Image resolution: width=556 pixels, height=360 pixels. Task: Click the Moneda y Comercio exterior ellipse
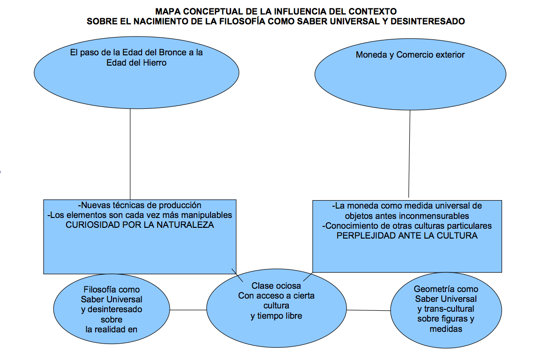410,75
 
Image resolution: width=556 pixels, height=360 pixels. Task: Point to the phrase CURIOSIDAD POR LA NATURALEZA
140,225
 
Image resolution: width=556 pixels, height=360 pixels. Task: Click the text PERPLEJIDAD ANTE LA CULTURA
407,236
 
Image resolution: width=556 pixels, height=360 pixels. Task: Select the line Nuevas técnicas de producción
140,205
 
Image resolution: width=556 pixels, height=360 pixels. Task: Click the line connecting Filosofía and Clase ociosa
188,310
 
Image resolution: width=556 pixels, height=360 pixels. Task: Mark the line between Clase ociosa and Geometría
368,310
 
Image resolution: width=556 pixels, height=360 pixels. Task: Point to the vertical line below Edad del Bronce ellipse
130,155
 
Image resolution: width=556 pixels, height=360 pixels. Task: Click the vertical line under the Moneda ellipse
409,155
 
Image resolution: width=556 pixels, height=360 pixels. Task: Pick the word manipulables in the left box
208,215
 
